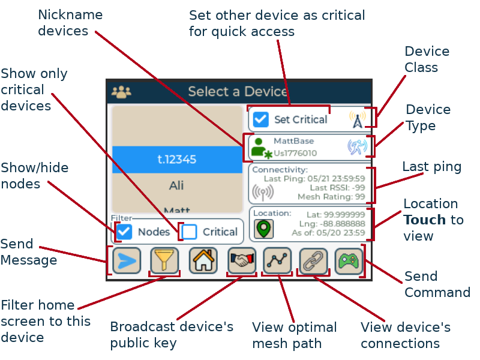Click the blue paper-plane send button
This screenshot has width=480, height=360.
coord(127,260)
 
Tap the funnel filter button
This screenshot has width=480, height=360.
coord(164,260)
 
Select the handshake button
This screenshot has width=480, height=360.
coord(242,260)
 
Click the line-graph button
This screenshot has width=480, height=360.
coord(277,260)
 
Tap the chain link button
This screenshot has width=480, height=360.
coord(313,260)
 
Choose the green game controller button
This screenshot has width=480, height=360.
coord(349,260)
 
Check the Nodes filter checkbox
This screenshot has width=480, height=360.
coord(124,232)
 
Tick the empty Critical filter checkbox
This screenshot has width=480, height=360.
coord(190,232)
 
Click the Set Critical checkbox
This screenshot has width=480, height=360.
coord(260,119)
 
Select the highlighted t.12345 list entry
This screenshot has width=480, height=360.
coord(176,159)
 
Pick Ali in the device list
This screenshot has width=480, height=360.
coord(176,185)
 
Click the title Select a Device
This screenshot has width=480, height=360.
coord(238,91)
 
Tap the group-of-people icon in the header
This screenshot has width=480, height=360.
coord(121,91)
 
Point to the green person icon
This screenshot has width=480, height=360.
coord(259,147)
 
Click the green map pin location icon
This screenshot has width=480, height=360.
coord(263,229)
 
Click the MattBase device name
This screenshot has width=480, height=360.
coord(293,141)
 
